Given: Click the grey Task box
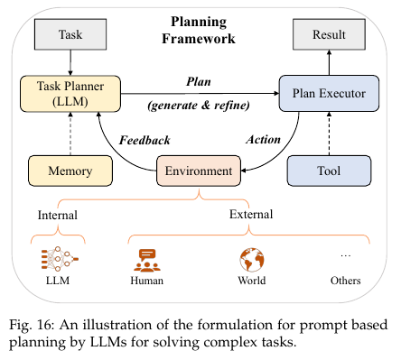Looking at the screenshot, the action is tap(70, 34).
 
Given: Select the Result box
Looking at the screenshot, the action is tap(329, 34).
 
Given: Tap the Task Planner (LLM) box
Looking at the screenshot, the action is tap(70, 94).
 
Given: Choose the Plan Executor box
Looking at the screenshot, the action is tap(329, 93).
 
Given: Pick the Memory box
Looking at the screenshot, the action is tap(70, 171).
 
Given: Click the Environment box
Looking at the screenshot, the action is tap(199, 171).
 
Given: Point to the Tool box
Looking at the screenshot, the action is tap(329, 171).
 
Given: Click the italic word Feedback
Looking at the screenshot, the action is tap(145, 140).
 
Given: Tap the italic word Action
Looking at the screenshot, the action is tap(264, 140).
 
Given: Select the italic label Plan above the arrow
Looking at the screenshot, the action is tap(199, 81).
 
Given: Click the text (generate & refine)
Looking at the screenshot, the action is tap(199, 106).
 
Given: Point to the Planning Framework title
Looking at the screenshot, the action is tap(199, 30).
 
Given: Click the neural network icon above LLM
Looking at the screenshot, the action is tap(60, 258).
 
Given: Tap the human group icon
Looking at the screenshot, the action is tap(147, 261).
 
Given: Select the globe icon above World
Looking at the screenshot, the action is tap(252, 260).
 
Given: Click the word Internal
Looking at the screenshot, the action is tap(58, 215).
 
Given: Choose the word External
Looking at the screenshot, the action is tap(251, 214).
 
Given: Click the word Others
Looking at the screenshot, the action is tap(346, 281).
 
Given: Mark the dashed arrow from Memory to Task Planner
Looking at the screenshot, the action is tap(70, 134).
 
